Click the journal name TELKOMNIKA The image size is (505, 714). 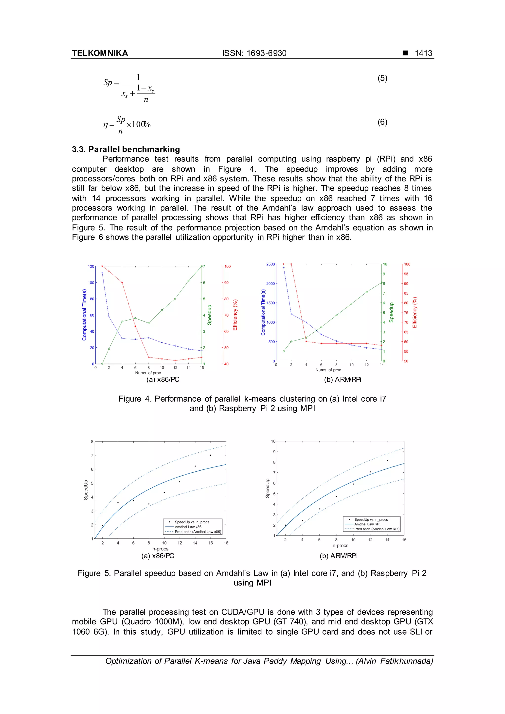(100, 53)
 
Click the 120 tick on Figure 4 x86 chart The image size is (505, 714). (91, 266)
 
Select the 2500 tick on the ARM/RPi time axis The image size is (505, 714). (270, 264)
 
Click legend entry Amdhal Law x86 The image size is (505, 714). (188, 527)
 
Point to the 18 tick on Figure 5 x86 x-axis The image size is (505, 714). (226, 543)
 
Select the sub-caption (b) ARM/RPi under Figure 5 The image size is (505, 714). (338, 556)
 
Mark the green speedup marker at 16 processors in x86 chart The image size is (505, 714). (201, 266)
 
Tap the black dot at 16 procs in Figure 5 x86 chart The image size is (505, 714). (211, 455)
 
